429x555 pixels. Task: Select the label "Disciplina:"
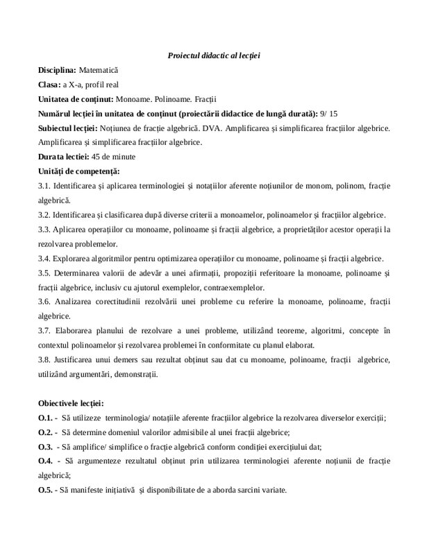point(58,71)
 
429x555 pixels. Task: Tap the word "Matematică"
point(99,71)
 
